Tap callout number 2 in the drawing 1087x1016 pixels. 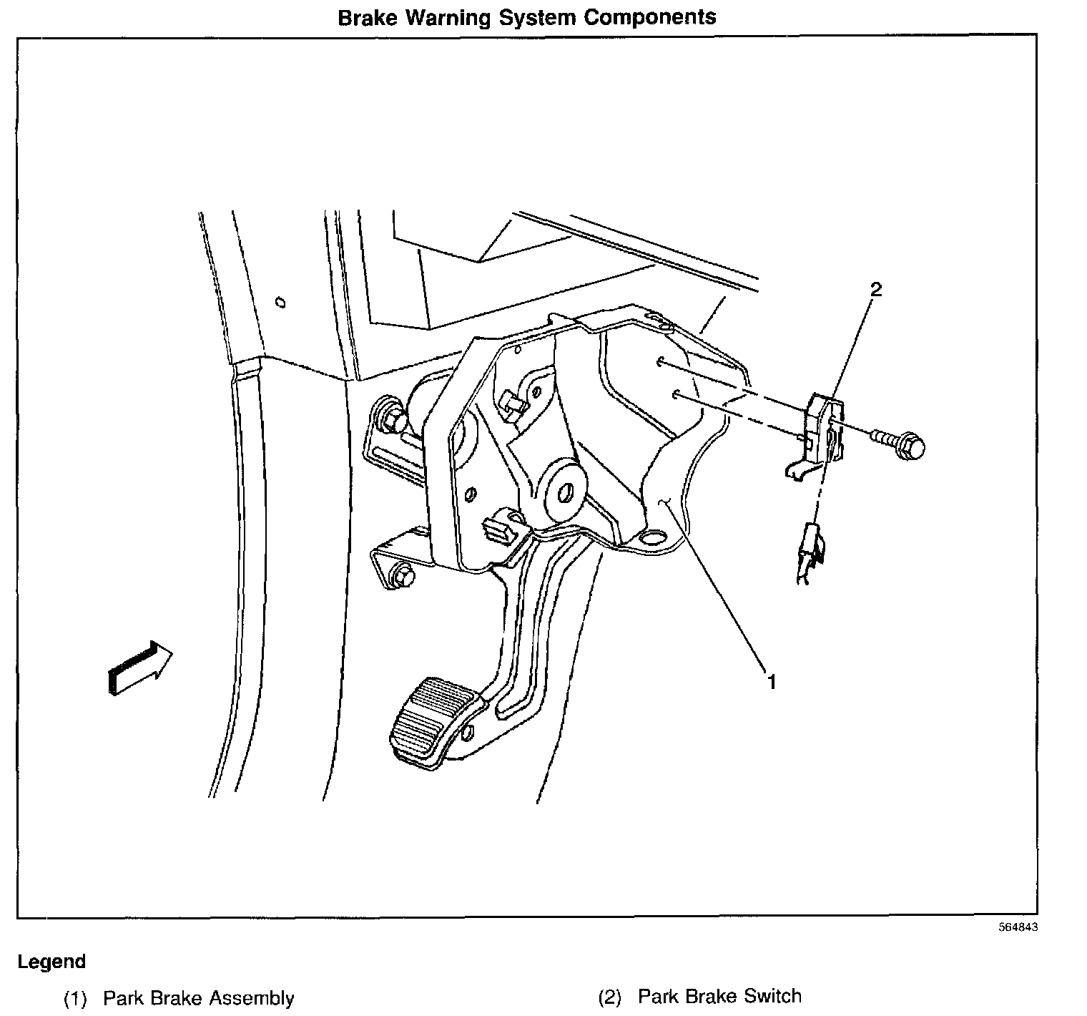[875, 290]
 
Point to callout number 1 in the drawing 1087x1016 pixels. [771, 682]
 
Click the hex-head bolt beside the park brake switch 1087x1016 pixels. [905, 446]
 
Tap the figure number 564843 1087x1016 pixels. [1018, 927]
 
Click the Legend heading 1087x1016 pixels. [51, 962]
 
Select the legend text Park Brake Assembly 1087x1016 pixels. [198, 998]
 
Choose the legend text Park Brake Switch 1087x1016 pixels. [719, 997]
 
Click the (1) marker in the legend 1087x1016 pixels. [75, 998]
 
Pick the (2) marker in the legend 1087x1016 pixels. [609, 997]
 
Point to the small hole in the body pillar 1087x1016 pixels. [281, 303]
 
